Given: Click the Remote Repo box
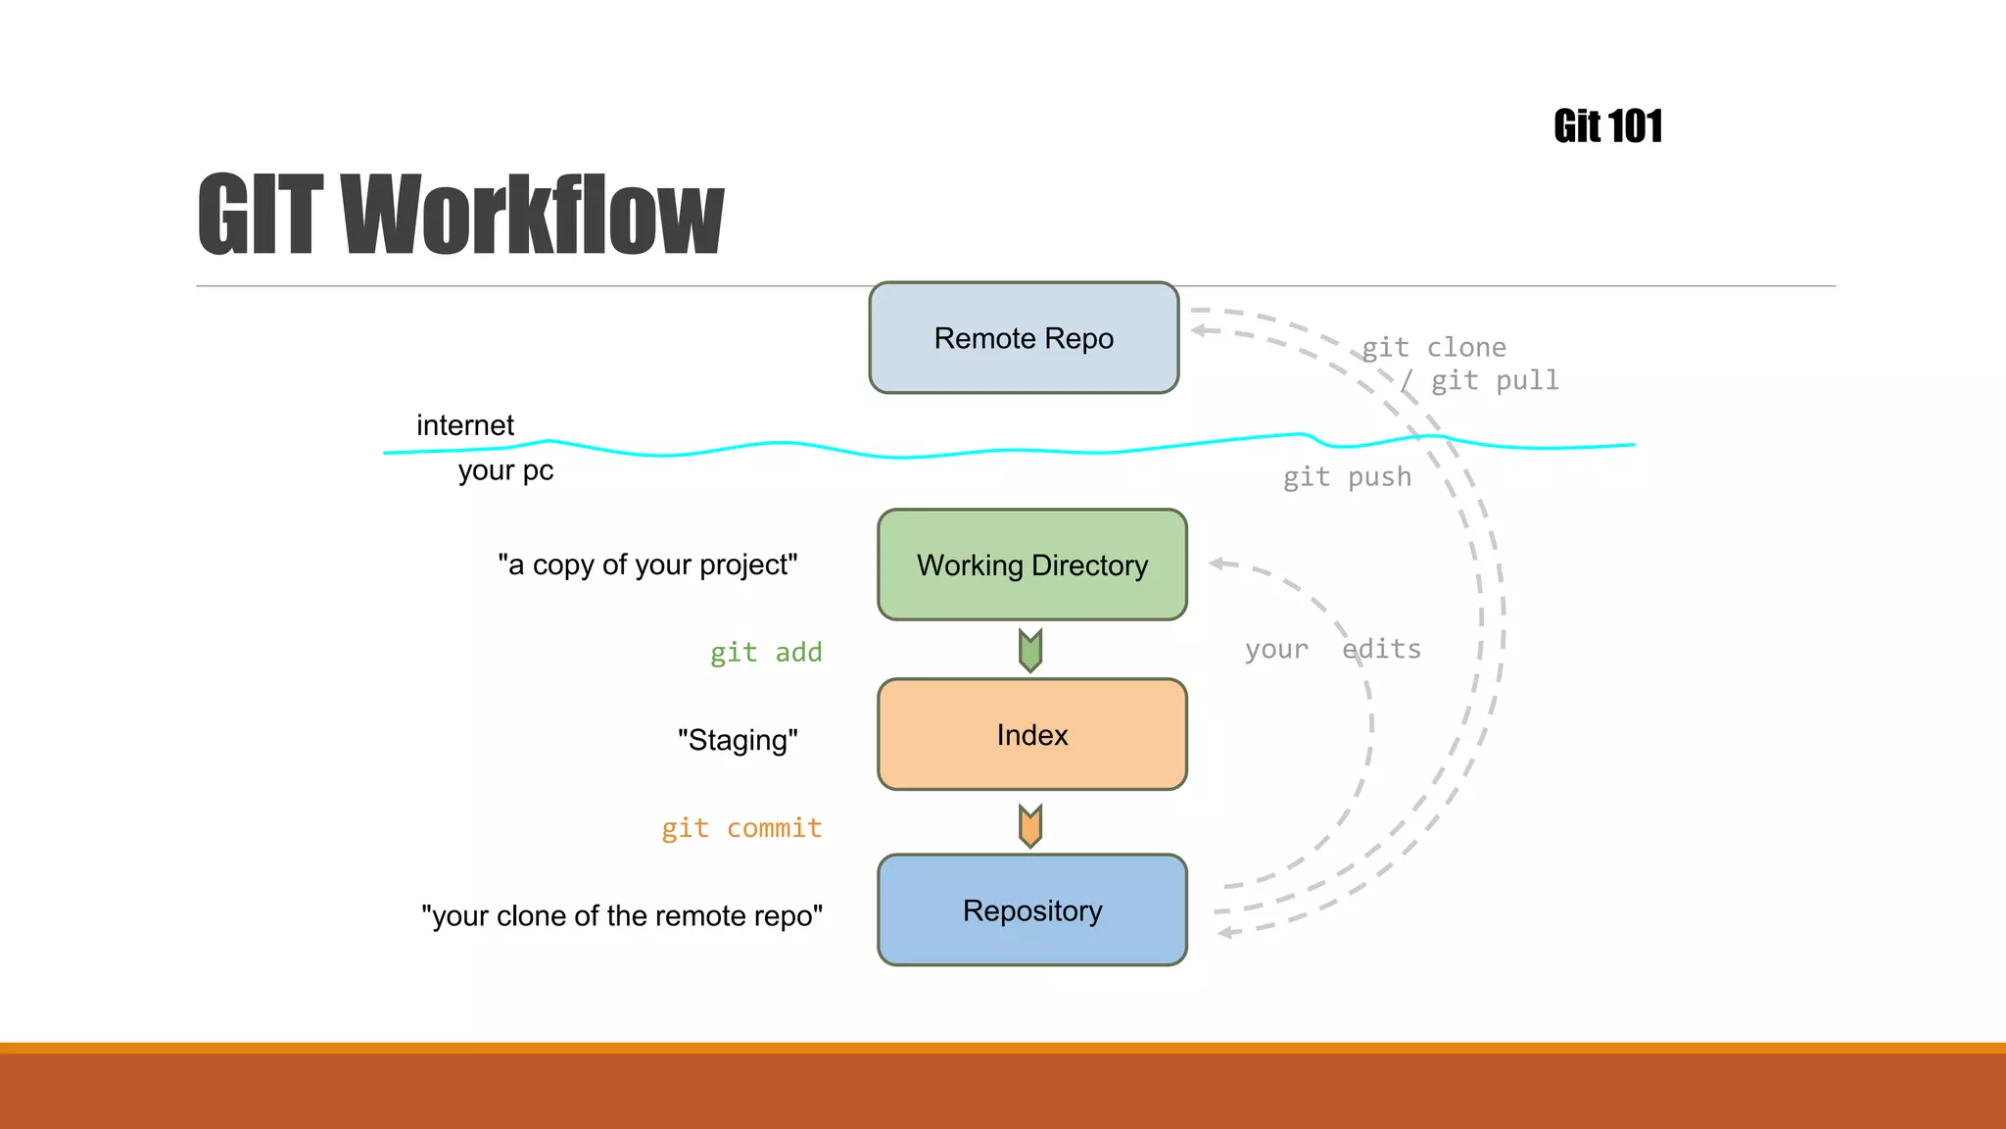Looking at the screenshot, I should tap(1024, 338).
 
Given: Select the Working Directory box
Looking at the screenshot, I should tap(1031, 564).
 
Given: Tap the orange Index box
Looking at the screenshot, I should tap(1031, 734).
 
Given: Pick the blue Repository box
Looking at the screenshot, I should tap(1031, 909).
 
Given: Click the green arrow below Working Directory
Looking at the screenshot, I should tap(1029, 650).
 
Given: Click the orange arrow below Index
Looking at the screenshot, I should tap(1029, 825).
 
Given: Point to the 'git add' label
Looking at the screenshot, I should tap(765, 653).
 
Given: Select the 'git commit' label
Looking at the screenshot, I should tap(741, 828).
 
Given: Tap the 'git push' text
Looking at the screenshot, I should tap(1347, 477).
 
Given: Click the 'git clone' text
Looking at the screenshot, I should tap(1434, 347).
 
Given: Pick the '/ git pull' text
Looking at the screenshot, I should tap(1479, 380).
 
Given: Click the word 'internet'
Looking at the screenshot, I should tap(464, 425).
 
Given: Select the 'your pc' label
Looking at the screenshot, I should tap(505, 470).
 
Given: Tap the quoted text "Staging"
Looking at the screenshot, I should tap(738, 740).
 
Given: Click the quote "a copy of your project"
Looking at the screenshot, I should tap(647, 564).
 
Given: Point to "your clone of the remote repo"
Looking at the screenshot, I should tap(622, 915).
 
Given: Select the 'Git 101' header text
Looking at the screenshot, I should tap(1607, 126).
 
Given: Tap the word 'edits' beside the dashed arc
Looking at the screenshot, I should tap(1381, 649).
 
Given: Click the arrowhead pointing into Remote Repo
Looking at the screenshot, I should tap(1199, 331).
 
